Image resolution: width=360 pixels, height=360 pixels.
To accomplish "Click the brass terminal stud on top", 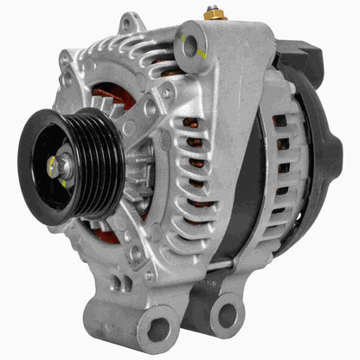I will click(211, 15).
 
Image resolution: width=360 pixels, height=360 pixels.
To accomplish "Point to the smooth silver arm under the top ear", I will click(221, 104).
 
